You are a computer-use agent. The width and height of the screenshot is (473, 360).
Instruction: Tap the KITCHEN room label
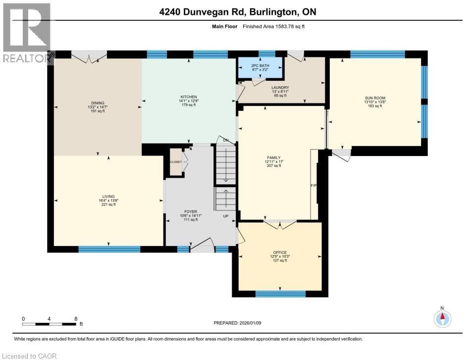(x=189, y=97)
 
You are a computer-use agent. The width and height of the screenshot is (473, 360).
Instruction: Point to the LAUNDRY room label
(x=280, y=88)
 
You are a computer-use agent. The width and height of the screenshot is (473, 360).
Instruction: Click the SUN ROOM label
(x=374, y=98)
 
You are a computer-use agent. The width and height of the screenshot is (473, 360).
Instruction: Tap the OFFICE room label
(x=280, y=253)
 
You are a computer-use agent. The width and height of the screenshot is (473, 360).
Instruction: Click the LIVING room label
(x=108, y=197)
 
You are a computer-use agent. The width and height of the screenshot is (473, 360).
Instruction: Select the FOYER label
(x=190, y=211)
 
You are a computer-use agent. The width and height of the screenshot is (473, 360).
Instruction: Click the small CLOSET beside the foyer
(x=175, y=161)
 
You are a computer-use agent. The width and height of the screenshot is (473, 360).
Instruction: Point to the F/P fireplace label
(x=313, y=186)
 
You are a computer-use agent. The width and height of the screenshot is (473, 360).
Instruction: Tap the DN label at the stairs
(x=226, y=140)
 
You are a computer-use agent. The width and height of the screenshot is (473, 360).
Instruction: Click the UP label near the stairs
(x=226, y=216)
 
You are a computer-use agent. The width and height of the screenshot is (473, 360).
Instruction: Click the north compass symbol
(x=442, y=318)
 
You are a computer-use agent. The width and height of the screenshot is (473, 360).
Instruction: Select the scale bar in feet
(x=50, y=324)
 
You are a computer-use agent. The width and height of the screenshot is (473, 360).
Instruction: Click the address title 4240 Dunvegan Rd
(x=236, y=12)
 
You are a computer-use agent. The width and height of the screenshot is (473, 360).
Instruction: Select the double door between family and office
(x=280, y=225)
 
